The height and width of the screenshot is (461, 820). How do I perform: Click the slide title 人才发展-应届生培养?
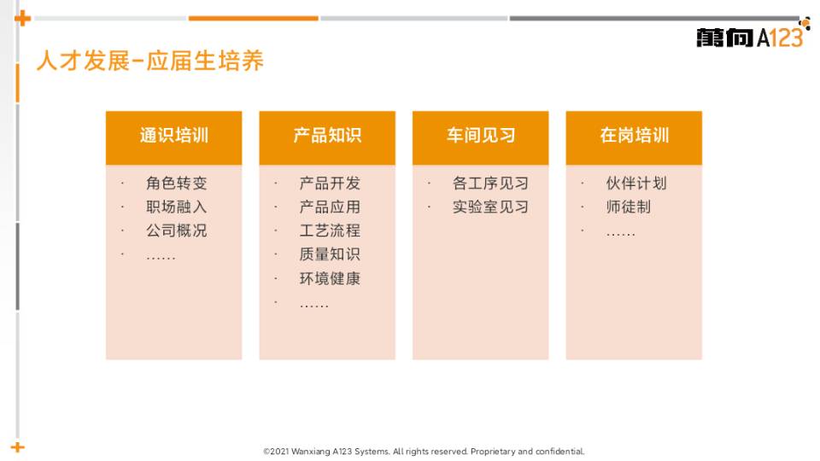tap(150, 61)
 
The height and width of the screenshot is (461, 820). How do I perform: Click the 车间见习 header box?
tap(481, 137)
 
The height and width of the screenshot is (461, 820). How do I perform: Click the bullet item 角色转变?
tap(177, 183)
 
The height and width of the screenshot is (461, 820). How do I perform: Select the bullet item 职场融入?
tap(177, 207)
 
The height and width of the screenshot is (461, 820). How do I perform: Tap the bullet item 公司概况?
tap(177, 230)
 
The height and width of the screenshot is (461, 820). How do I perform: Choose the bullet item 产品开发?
tap(330, 183)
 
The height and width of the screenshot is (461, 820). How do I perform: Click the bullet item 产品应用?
tap(330, 207)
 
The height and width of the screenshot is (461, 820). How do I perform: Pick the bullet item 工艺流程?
tap(330, 230)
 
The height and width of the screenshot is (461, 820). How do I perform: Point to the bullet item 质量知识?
tap(330, 254)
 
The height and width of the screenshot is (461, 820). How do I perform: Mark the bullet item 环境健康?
tap(330, 278)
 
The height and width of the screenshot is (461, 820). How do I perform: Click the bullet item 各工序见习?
tap(490, 183)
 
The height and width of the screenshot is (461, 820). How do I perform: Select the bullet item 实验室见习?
tap(490, 207)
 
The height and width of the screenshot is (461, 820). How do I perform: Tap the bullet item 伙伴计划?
tap(636, 183)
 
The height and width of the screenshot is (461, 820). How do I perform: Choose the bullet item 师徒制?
tap(629, 207)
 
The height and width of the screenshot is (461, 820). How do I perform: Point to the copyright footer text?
tap(425, 451)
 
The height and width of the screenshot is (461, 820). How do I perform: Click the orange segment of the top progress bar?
tap(253, 18)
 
